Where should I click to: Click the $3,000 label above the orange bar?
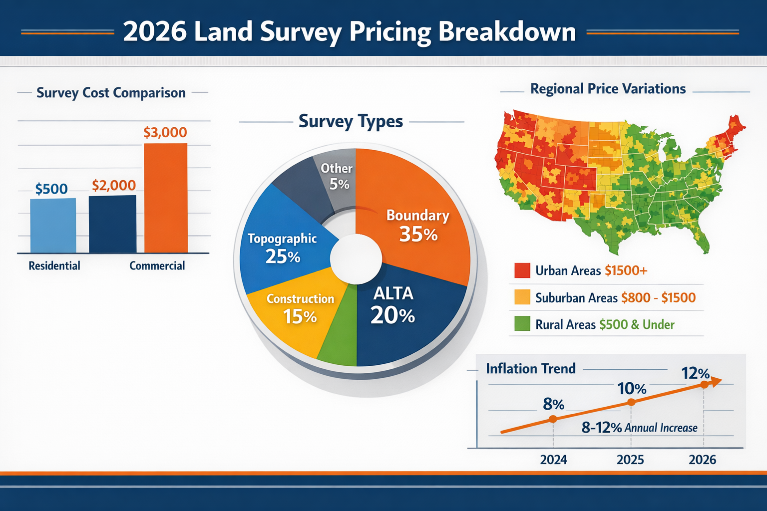point(165,132)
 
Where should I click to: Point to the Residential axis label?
point(54,265)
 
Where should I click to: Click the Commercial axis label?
point(157,265)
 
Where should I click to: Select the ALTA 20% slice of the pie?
point(399,314)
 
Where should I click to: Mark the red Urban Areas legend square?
point(522,270)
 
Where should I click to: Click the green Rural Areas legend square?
point(522,324)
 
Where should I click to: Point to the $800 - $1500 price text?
point(658,298)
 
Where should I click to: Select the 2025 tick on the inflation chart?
point(630,460)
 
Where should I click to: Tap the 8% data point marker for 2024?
point(553,419)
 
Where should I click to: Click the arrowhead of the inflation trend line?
point(716,382)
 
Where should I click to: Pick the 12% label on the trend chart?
point(696,373)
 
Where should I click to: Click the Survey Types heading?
point(351,121)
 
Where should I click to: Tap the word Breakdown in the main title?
point(507,31)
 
